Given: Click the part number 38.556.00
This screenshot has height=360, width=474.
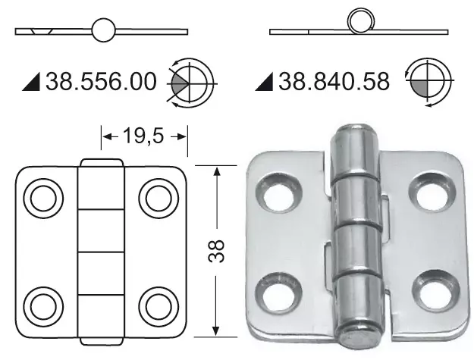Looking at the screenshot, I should click(x=103, y=81).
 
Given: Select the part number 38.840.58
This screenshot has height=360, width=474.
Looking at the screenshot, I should click(x=334, y=81).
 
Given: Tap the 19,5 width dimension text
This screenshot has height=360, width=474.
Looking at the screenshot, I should click(x=144, y=136).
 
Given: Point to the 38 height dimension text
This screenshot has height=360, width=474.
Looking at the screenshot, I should click(x=217, y=250).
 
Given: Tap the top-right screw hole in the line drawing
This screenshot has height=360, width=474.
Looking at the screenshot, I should click(x=158, y=199).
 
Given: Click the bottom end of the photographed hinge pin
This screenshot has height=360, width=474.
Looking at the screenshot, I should click(x=359, y=334).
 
